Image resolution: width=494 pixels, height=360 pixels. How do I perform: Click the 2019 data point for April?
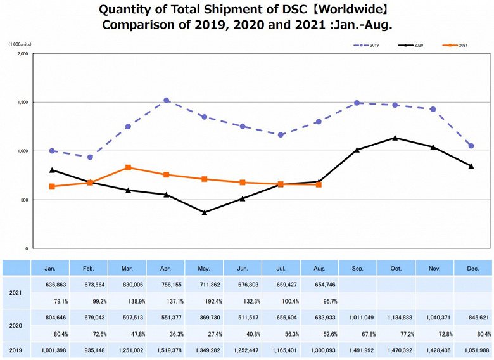coord(167,100)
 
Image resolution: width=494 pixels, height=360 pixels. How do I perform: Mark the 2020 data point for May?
coord(205,212)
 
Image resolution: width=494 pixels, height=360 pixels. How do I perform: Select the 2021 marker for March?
coord(129,167)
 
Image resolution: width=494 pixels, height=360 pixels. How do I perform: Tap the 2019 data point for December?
coord(471,146)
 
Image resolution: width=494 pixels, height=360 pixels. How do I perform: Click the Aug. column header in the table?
coord(320,268)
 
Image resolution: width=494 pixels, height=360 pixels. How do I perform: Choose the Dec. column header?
coord(472,268)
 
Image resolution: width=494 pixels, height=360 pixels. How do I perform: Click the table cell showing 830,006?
coord(127,285)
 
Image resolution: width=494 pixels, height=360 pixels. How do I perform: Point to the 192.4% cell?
coord(205,300)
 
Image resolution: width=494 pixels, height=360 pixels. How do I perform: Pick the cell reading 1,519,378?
coord(166,350)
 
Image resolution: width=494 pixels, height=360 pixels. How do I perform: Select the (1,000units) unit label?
coord(21,45)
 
